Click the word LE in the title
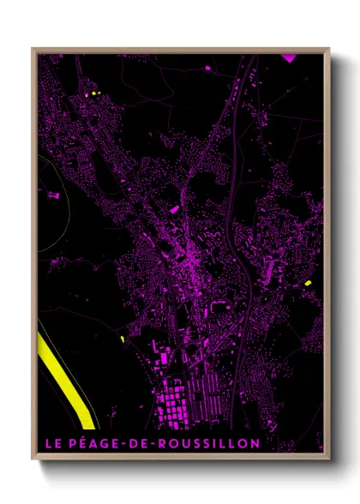(x=52, y=443)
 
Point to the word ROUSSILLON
(x=204, y=443)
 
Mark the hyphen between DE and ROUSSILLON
(x=148, y=443)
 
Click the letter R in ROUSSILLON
(x=158, y=443)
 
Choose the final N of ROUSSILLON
(x=254, y=443)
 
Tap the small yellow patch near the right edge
(x=307, y=282)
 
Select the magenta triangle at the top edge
(x=288, y=57)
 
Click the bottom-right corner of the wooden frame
(x=329, y=459)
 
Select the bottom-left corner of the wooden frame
(x=33, y=459)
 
